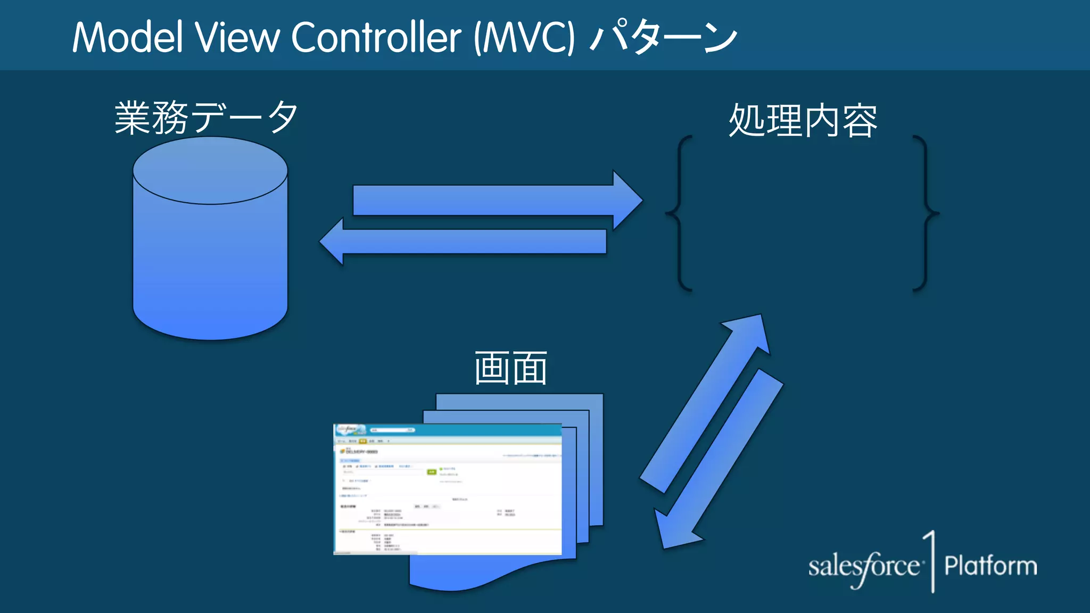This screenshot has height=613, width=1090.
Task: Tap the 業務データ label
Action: pyautogui.click(x=206, y=118)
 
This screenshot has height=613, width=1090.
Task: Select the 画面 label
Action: pyautogui.click(x=510, y=368)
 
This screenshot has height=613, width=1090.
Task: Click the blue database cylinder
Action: pyautogui.click(x=210, y=266)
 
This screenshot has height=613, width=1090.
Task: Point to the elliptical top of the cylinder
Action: pyautogui.click(x=210, y=170)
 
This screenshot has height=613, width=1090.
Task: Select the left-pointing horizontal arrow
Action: pyautogui.click(x=463, y=242)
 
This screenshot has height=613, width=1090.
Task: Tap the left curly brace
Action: pyautogui.click(x=680, y=213)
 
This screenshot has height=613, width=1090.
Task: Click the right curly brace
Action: pyautogui.click(x=926, y=213)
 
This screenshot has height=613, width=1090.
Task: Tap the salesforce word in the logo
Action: pyautogui.click(x=863, y=567)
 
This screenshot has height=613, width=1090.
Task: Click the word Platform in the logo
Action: pyautogui.click(x=990, y=566)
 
